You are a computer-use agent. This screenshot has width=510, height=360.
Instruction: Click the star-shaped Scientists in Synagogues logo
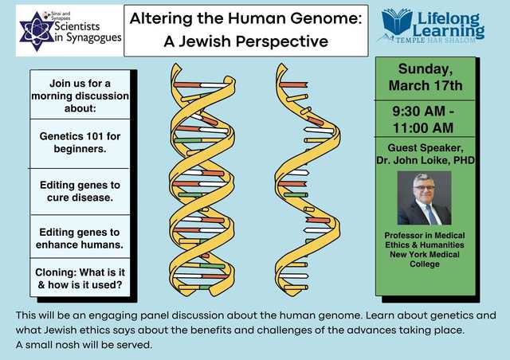click(x=36, y=32)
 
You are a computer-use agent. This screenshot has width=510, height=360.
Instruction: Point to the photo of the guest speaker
click(x=424, y=198)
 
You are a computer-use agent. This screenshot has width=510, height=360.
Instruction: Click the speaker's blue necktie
click(x=431, y=214)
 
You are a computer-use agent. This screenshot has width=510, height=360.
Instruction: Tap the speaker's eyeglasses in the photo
click(x=424, y=188)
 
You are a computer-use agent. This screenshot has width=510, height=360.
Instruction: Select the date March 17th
click(x=426, y=85)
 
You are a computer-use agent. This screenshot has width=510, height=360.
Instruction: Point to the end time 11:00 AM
click(x=423, y=127)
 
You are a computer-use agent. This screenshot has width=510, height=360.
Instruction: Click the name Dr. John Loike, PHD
click(x=426, y=160)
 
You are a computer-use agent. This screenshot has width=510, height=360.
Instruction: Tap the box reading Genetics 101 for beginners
click(x=80, y=143)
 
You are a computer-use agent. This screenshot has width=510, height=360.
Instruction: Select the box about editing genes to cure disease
click(x=80, y=191)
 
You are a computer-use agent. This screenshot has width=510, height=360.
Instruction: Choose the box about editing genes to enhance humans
click(x=80, y=237)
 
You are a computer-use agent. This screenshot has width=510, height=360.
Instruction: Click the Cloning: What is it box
click(x=80, y=278)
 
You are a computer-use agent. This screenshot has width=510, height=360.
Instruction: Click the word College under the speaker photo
click(x=425, y=264)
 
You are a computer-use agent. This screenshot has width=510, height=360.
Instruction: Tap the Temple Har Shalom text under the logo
click(x=436, y=41)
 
